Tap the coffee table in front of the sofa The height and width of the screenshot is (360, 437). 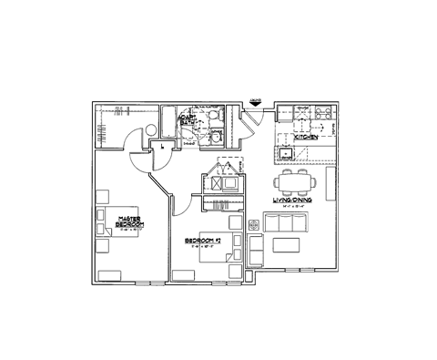pyautogui.click(x=288, y=243)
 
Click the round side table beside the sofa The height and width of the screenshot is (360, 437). pyautogui.click(x=252, y=222)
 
